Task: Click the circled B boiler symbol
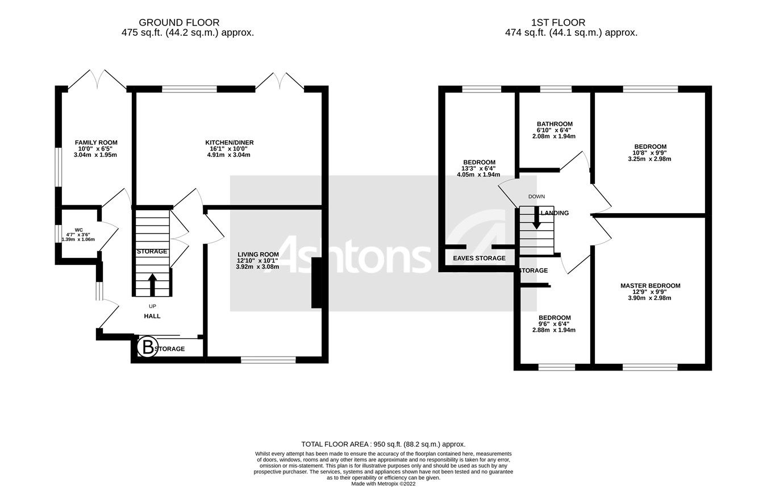click(148, 347)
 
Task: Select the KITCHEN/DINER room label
click(230, 143)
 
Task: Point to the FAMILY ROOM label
click(96, 143)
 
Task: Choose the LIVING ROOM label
click(258, 255)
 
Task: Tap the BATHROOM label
click(555, 124)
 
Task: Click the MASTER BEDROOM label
click(650, 286)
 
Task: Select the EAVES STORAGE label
click(479, 258)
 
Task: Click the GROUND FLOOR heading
click(179, 23)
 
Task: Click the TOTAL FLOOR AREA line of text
click(383, 444)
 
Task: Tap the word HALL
click(152, 316)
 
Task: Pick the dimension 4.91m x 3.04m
click(230, 155)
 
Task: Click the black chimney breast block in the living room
click(317, 284)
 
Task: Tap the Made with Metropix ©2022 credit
click(383, 484)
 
